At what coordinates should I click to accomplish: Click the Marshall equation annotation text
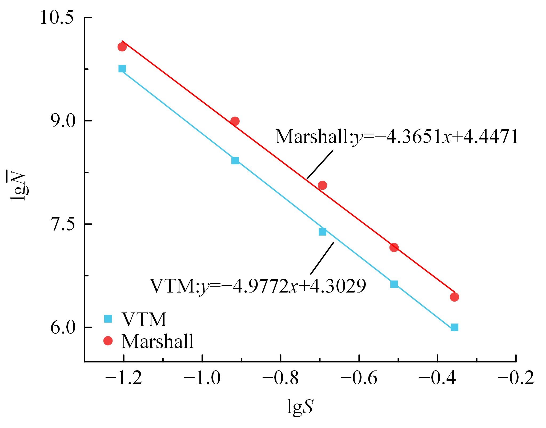click(x=396, y=137)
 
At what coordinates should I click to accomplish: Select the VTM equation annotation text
click(x=258, y=286)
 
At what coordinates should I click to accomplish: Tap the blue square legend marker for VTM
click(x=108, y=319)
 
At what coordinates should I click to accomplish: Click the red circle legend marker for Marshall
click(x=108, y=341)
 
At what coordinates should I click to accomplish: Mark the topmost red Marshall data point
click(x=122, y=47)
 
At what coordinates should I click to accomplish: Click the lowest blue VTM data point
click(x=455, y=327)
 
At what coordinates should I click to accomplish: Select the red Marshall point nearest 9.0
click(x=235, y=121)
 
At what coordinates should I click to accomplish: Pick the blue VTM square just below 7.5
click(x=323, y=232)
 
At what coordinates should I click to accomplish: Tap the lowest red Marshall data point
click(x=455, y=297)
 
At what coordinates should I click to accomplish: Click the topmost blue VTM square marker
click(x=122, y=69)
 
